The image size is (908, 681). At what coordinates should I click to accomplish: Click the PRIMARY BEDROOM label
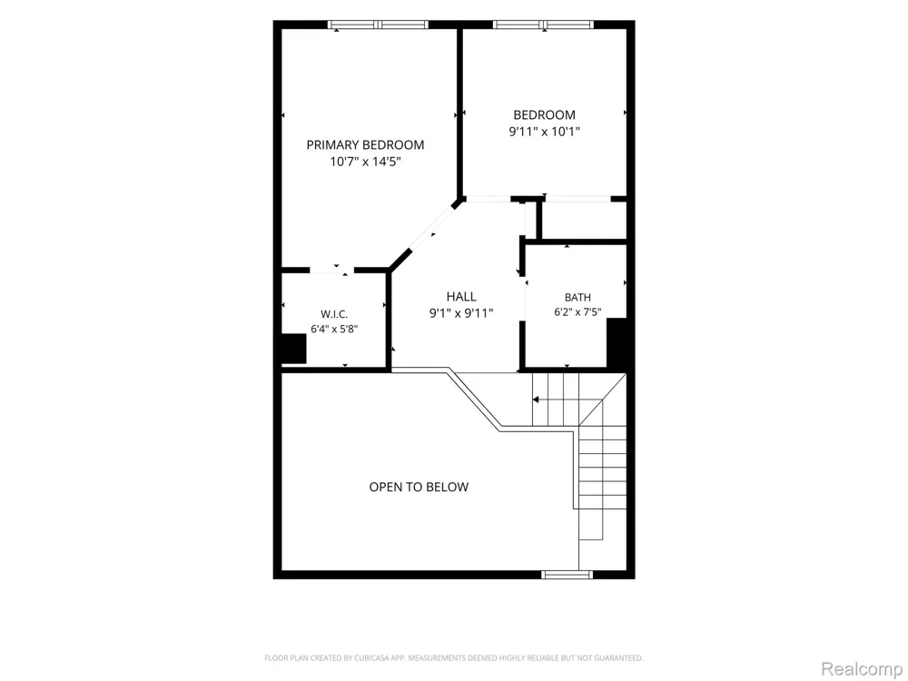(x=365, y=144)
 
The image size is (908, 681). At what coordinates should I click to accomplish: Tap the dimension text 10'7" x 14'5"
(x=365, y=162)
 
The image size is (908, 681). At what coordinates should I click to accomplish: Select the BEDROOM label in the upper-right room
(x=544, y=114)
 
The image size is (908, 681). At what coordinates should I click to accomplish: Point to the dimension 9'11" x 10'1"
(x=544, y=132)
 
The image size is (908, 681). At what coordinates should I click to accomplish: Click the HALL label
(x=461, y=297)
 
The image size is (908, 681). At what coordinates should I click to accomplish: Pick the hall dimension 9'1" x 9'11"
(x=461, y=313)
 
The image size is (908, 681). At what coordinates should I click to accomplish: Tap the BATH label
(x=577, y=298)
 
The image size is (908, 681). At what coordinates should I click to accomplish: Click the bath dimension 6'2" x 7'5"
(x=577, y=312)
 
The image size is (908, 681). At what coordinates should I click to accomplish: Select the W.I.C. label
(x=334, y=314)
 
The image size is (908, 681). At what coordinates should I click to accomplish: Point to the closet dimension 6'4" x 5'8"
(x=334, y=330)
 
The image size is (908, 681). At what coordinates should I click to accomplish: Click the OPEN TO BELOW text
(x=419, y=487)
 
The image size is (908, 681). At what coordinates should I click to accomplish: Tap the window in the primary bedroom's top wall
(x=378, y=25)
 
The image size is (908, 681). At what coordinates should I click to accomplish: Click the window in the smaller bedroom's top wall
(x=543, y=25)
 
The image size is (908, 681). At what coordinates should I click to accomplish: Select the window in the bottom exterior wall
(x=567, y=575)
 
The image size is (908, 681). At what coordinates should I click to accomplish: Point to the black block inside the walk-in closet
(x=293, y=350)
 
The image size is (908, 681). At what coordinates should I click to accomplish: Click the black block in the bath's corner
(x=617, y=343)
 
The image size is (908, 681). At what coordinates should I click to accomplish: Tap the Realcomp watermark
(x=862, y=669)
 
